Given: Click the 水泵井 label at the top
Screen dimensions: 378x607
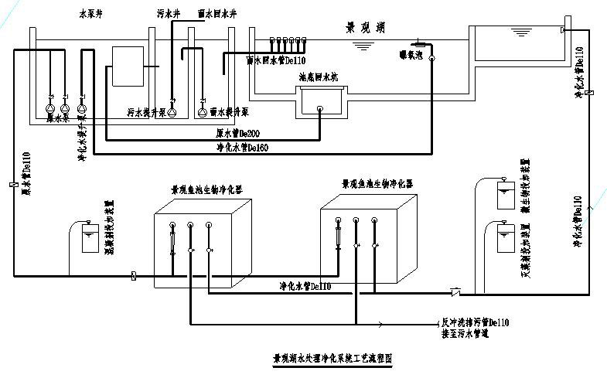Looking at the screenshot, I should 91,14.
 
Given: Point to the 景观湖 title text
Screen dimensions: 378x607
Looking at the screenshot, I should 366,28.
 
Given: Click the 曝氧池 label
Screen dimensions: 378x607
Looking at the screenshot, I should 411,56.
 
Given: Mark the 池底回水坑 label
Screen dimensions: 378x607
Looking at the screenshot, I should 319,78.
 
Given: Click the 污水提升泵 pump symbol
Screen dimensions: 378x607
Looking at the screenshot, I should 172,112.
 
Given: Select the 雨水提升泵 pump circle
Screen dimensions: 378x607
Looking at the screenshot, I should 203,112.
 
